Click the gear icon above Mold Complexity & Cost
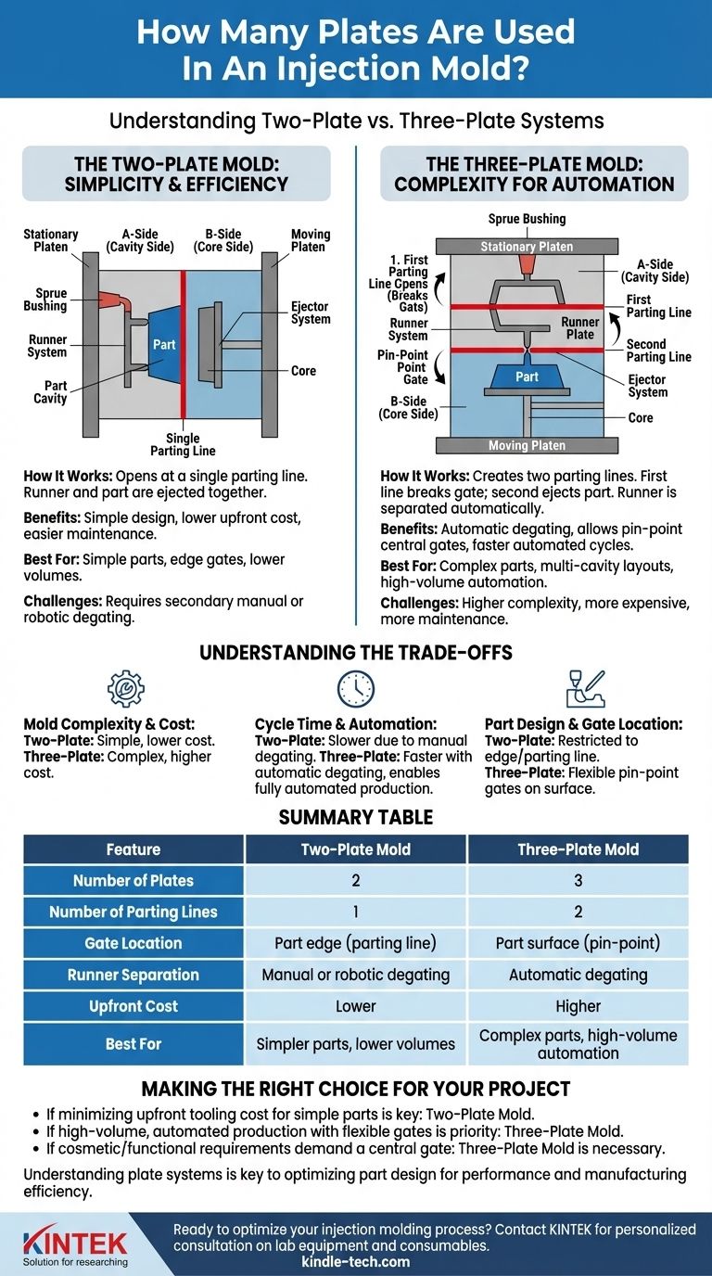click(x=126, y=690)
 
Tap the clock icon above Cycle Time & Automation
click(x=356, y=689)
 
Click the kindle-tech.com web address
click(x=356, y=1261)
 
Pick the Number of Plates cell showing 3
click(x=578, y=880)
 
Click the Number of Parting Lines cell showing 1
click(x=356, y=912)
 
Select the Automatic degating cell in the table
click(x=578, y=975)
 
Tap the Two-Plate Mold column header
click(x=356, y=849)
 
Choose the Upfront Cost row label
click(x=133, y=1006)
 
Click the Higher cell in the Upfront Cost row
click(x=578, y=1006)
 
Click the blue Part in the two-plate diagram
click(x=163, y=344)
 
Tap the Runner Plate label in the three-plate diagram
click(x=579, y=328)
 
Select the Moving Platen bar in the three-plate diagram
click(x=527, y=446)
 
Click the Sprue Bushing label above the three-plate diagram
click(x=527, y=219)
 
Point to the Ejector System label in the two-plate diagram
click(x=310, y=313)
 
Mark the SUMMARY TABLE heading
click(x=356, y=818)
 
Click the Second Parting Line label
click(x=658, y=351)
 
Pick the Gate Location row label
click(x=133, y=943)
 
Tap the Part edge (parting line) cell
click(x=356, y=943)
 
